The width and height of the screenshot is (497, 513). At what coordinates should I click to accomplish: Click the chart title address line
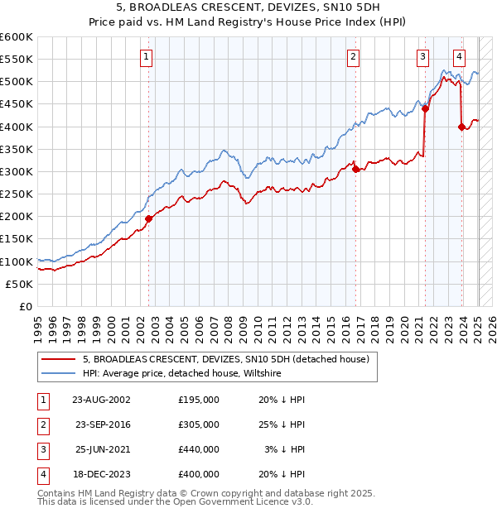[248, 8]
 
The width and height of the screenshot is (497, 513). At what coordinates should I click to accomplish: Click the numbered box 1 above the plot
[146, 57]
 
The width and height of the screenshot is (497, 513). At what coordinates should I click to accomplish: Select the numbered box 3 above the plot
[422, 57]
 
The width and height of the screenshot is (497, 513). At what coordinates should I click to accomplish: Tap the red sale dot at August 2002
[149, 219]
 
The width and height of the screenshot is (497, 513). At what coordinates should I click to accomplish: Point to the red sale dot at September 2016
[355, 170]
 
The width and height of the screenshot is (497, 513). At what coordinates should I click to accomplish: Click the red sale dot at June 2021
[425, 108]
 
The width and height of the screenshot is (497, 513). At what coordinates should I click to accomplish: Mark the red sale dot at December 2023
[461, 127]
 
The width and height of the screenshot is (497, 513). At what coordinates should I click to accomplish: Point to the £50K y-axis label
[19, 284]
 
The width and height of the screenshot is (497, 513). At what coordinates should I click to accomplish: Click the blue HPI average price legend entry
[182, 374]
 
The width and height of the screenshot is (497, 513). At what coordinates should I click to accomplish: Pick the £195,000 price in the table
[199, 400]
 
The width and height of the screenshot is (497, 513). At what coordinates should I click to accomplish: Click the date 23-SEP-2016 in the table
[104, 424]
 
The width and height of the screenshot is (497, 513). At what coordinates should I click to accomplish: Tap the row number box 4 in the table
[41, 474]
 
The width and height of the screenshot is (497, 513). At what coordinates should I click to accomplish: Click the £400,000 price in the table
[199, 474]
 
